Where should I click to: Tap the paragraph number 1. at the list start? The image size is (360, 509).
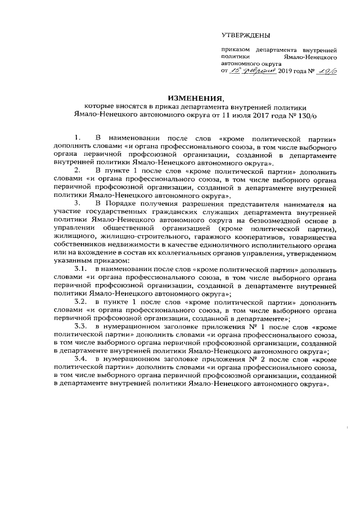pos(78,137)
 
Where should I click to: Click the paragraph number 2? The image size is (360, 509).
pos(78,169)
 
